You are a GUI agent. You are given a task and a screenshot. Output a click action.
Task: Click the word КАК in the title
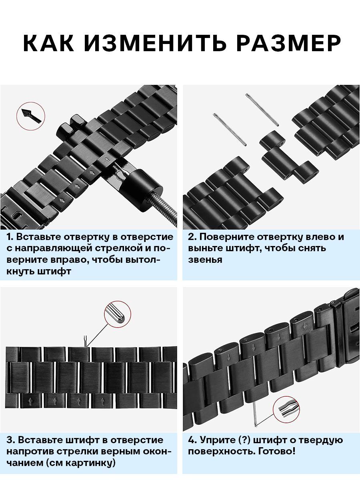pos(48,43)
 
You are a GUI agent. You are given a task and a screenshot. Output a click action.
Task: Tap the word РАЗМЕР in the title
pos(289,43)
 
